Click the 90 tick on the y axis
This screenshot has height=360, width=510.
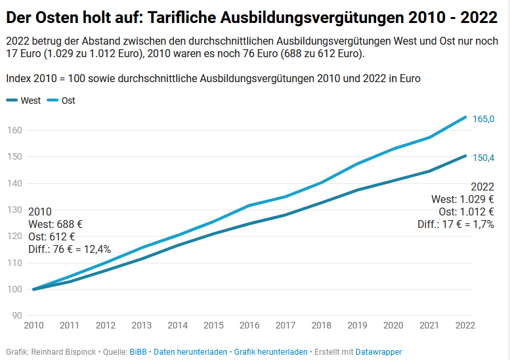click(x=17, y=315)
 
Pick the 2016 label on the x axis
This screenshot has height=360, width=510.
click(x=249, y=325)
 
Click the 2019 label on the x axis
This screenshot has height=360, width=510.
click(x=357, y=325)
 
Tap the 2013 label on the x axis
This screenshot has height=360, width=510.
click(x=141, y=325)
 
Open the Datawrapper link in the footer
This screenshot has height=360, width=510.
click(x=378, y=352)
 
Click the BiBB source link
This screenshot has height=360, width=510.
click(x=138, y=352)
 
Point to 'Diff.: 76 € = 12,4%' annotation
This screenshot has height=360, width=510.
click(x=70, y=249)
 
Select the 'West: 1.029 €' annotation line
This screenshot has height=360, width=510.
click(x=462, y=199)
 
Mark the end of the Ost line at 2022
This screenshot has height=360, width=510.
click(x=465, y=117)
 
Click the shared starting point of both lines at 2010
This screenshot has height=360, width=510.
click(x=33, y=289)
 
